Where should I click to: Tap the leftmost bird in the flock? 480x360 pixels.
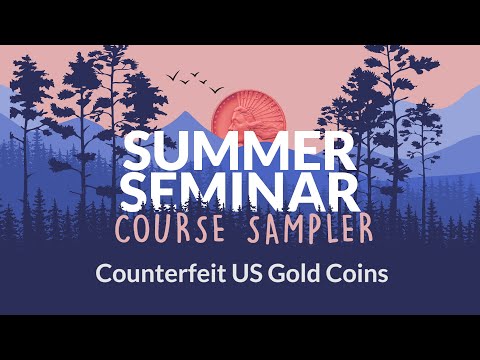pos(173,75)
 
